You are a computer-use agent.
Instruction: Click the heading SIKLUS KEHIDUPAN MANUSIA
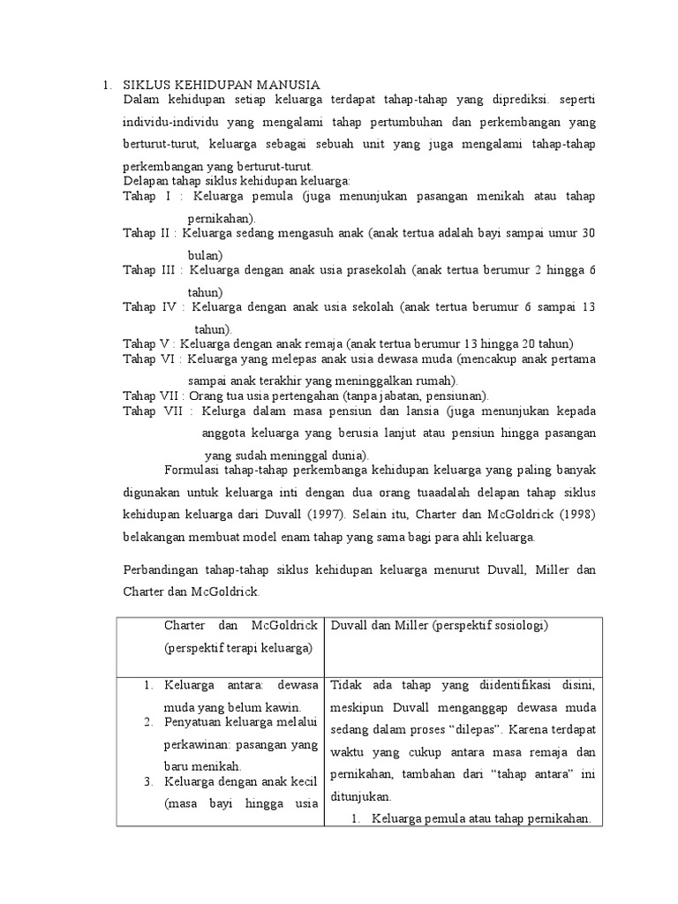coord(220,85)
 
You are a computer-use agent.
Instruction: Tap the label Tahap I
coord(147,197)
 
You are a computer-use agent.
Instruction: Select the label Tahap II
coord(149,233)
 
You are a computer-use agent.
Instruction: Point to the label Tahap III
coord(151,270)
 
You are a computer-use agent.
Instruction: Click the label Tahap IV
coord(150,307)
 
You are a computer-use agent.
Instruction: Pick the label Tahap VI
coord(149,359)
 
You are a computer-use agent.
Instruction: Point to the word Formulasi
coord(194,470)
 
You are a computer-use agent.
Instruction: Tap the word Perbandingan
coord(162,570)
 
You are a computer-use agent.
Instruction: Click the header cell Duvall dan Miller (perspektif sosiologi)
coord(439,626)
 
